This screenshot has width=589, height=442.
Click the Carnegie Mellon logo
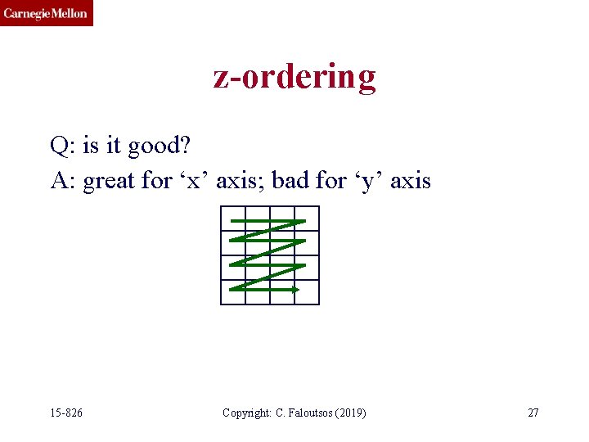tap(47, 13)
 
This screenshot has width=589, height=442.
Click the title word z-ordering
tap(294, 76)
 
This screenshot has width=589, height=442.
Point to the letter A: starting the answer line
tap(63, 180)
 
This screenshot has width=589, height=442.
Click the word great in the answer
tap(110, 180)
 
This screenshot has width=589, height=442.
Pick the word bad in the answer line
tap(290, 180)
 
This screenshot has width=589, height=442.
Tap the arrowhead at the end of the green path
tap(296, 289)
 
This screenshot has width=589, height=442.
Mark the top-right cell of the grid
tap(307, 219)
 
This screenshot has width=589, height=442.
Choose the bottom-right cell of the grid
tap(307, 292)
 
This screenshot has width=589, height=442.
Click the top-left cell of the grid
tap(233, 219)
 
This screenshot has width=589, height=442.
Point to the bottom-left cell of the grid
tap(233, 292)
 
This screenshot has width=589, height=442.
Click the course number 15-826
tap(65, 413)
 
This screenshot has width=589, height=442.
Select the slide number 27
tap(533, 413)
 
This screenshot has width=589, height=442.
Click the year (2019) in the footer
tap(349, 413)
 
